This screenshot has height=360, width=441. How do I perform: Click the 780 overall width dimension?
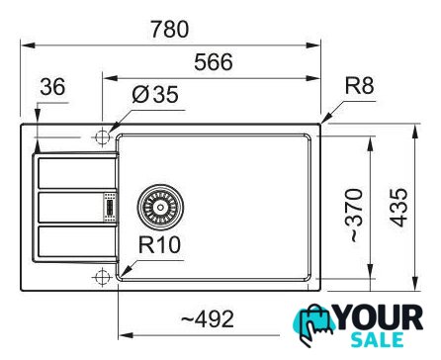tap(170, 29)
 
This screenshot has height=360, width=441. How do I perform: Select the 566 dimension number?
tap(214, 62)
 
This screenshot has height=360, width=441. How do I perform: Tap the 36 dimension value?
tap(52, 87)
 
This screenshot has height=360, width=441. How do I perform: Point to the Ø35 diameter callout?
tap(155, 94)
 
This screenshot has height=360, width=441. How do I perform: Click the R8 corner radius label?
tap(359, 86)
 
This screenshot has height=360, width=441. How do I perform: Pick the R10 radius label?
tap(159, 245)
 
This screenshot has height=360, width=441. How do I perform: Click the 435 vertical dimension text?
tap(399, 208)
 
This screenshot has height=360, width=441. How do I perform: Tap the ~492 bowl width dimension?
tap(208, 319)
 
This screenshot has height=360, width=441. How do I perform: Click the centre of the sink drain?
tap(160, 207)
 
